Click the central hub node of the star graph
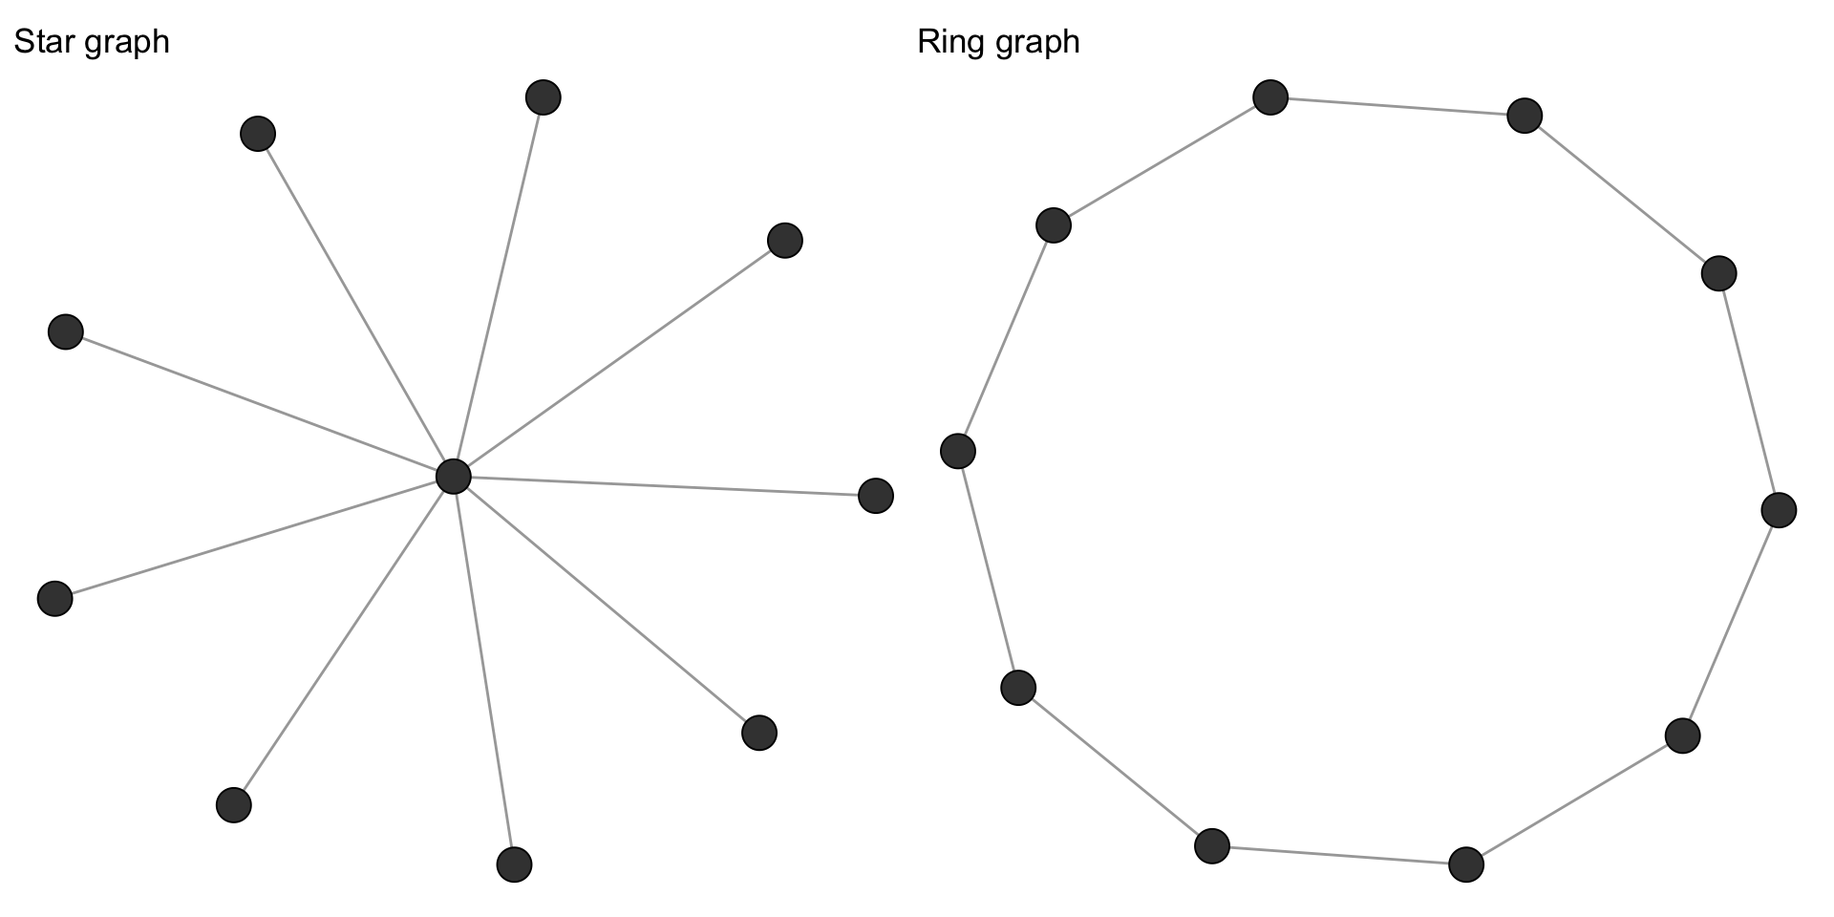click(x=453, y=476)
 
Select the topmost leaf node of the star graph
click(x=543, y=96)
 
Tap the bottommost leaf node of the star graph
click(x=514, y=864)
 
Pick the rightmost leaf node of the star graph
click(x=875, y=496)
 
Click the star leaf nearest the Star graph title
click(x=258, y=134)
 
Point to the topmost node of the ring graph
click(x=1270, y=96)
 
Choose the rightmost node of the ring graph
click(x=1778, y=510)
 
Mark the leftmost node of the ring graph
click(x=957, y=451)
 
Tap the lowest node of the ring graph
click(x=1465, y=864)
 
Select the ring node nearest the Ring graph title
click(x=1053, y=225)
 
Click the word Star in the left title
click(x=39, y=42)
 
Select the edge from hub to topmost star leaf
click(x=498, y=287)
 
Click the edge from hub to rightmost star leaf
click(x=664, y=486)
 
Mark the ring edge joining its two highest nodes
click(x=1397, y=106)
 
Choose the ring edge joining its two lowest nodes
click(x=1338, y=855)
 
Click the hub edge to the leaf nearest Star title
click(x=355, y=305)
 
